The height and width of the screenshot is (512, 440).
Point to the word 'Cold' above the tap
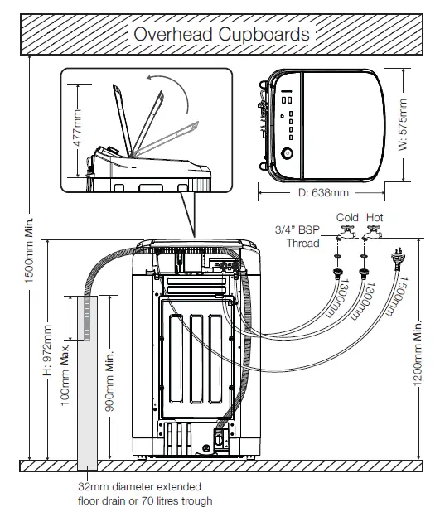(x=346, y=218)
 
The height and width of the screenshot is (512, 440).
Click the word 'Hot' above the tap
(x=375, y=218)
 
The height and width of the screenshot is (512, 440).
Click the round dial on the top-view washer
(x=286, y=153)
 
